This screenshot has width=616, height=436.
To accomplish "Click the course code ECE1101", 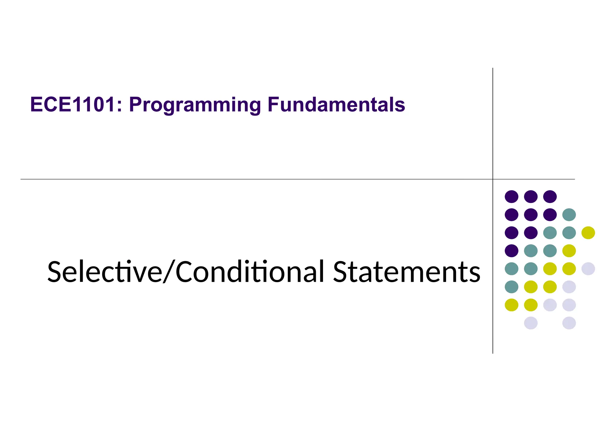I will (x=72, y=105).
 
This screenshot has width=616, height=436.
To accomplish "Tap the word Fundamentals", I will (x=336, y=105).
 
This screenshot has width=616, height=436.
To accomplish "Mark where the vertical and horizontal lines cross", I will (x=493, y=179).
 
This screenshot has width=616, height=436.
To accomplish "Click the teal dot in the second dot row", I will (x=569, y=215).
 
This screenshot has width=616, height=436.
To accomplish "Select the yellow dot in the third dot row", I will (x=588, y=233).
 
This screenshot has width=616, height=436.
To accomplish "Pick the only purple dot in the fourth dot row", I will (x=511, y=251).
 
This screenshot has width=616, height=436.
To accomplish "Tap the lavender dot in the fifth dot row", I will (x=588, y=269).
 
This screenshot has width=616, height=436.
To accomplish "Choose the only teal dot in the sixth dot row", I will (x=511, y=287).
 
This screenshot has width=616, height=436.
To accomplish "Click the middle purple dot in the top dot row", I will (x=531, y=197).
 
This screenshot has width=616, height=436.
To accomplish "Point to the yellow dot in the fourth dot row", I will (x=569, y=251).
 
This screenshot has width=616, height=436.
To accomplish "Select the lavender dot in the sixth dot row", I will (x=569, y=287).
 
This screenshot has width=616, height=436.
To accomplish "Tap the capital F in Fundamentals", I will (x=273, y=105).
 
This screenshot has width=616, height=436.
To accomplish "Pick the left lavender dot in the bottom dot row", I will (x=531, y=323).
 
